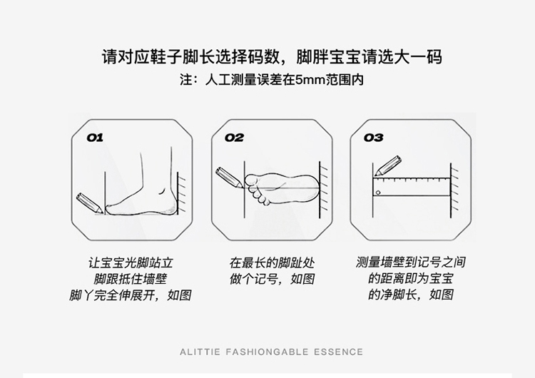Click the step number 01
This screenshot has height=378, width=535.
pyautogui.click(x=95, y=138)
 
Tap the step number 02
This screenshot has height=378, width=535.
pyautogui.click(x=234, y=138)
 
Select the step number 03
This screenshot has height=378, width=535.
pyautogui.click(x=373, y=138)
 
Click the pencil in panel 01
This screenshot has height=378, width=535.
pyautogui.click(x=89, y=203)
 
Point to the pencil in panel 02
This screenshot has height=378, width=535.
pyautogui.click(x=229, y=178)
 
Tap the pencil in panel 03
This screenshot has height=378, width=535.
pyautogui.click(x=388, y=165)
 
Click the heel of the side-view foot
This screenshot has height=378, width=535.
pyautogui.click(x=172, y=207)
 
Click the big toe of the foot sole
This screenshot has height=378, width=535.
pyautogui.click(x=252, y=180)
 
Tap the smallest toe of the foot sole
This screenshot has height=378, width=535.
pyautogui.click(x=266, y=202)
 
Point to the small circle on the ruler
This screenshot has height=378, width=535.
pyautogui.click(x=378, y=193)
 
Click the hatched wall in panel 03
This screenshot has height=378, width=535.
pyautogui.click(x=454, y=190)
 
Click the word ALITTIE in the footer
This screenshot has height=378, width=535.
pyautogui.click(x=200, y=352)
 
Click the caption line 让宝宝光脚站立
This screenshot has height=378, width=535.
pyautogui.click(x=131, y=263)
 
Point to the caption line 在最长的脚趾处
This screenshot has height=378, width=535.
pyautogui.click(x=272, y=263)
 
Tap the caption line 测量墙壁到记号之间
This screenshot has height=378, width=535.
pyautogui.click(x=410, y=262)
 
